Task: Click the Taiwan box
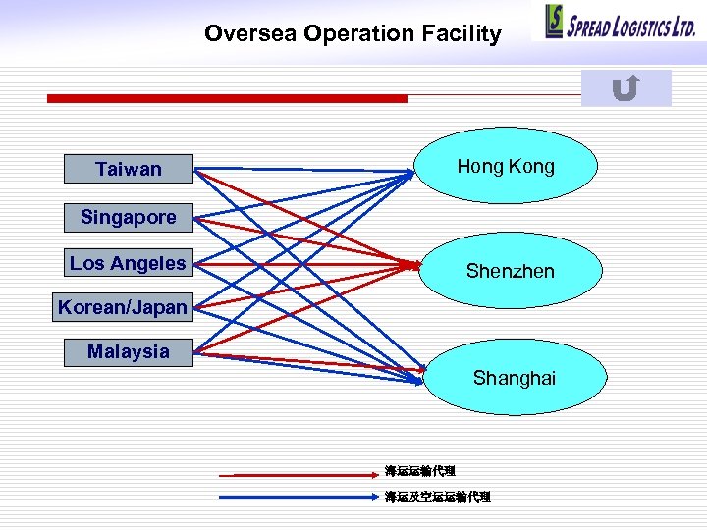129,169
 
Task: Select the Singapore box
129,217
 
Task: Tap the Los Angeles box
128,263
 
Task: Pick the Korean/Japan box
123,307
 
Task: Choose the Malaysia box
129,351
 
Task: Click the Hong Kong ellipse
506,166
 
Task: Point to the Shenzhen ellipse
510,270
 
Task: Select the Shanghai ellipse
513,377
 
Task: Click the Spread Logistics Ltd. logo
620,22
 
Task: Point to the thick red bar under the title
227,98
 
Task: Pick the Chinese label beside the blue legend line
437,497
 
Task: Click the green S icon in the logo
555,22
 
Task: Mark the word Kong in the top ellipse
533,166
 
